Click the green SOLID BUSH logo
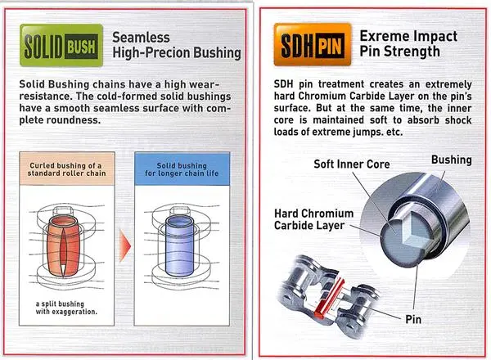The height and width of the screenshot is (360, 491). (61, 45)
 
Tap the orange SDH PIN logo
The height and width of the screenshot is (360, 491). (313, 45)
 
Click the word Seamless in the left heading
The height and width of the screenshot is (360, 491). (141, 38)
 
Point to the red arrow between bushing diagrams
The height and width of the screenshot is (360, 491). (125, 244)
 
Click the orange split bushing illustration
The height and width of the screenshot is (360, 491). (63, 245)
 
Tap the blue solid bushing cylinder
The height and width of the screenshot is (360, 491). (178, 245)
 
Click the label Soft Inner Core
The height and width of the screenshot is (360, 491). (352, 164)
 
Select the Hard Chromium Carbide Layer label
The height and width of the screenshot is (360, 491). (313, 219)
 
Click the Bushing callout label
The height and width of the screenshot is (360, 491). (451, 160)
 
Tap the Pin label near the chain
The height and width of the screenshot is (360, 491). (413, 319)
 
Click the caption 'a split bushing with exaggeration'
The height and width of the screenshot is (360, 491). (66, 308)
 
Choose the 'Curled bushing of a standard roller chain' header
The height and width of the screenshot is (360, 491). (67, 169)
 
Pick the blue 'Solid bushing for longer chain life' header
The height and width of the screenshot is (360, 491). (182, 169)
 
